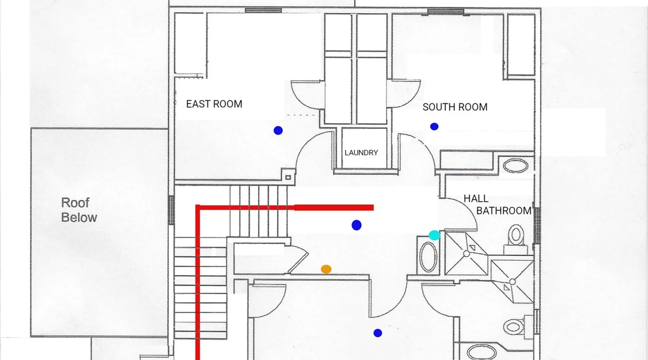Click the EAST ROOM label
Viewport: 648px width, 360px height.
tap(214, 104)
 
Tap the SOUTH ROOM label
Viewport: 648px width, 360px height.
tap(455, 107)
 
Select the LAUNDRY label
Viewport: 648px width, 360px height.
tap(361, 153)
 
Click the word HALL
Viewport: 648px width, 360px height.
tap(476, 198)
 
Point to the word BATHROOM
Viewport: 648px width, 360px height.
tap(504, 211)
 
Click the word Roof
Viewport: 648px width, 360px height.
tap(75, 203)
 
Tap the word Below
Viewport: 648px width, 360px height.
tap(79, 217)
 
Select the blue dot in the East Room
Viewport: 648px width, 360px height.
tap(278, 130)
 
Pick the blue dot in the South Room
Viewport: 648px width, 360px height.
tap(434, 126)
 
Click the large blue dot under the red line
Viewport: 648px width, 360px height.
tap(356, 225)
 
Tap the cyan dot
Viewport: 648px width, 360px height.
tap(435, 235)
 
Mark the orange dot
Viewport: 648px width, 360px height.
tap(326, 269)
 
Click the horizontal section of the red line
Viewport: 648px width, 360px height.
tap(285, 207)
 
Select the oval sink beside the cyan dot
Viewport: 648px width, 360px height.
tap(428, 257)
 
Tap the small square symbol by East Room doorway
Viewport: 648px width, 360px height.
tap(288, 177)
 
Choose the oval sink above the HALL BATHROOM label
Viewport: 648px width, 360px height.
tap(516, 166)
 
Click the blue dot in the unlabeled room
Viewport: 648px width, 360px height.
tap(378, 333)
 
